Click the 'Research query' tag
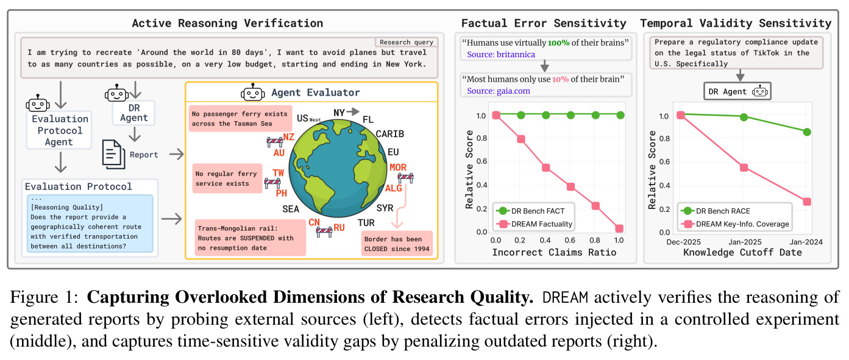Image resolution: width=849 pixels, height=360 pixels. point(407,42)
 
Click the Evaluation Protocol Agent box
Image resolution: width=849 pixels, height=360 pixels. point(60,130)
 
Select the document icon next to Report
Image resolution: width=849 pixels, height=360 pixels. point(113,154)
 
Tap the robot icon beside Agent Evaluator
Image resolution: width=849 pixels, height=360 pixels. point(252,92)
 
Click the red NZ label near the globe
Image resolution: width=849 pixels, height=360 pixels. point(288,137)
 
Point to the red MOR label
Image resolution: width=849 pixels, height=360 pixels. point(398,167)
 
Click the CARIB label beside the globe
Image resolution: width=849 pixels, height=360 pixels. point(389,134)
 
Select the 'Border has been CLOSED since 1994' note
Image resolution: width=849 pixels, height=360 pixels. point(397,244)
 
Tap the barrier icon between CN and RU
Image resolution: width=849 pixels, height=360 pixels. point(324,231)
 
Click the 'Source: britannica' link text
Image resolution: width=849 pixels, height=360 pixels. point(500,55)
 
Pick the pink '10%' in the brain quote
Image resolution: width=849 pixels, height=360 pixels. point(560,79)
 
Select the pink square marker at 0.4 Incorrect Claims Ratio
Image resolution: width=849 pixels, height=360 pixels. point(546,168)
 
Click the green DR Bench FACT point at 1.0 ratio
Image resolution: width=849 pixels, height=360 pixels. point(620,115)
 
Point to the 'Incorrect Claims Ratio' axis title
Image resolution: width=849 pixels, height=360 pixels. point(554,252)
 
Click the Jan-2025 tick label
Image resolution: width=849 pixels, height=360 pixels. point(745,242)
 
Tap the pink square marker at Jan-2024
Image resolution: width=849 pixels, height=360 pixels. point(807,202)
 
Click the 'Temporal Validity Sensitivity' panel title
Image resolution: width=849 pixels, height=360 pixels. point(736,23)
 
